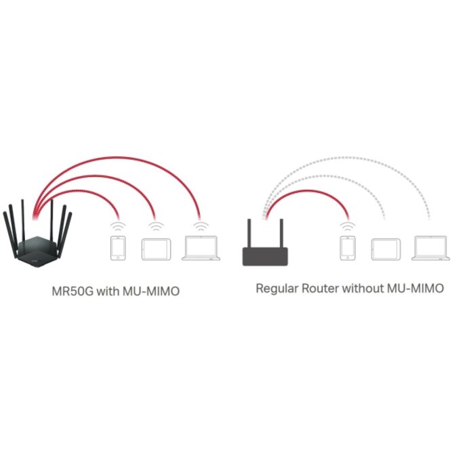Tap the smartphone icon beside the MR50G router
118,249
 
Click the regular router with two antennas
266,255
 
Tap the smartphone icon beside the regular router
348,249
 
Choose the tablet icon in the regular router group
386,249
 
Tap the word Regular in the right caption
278,289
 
